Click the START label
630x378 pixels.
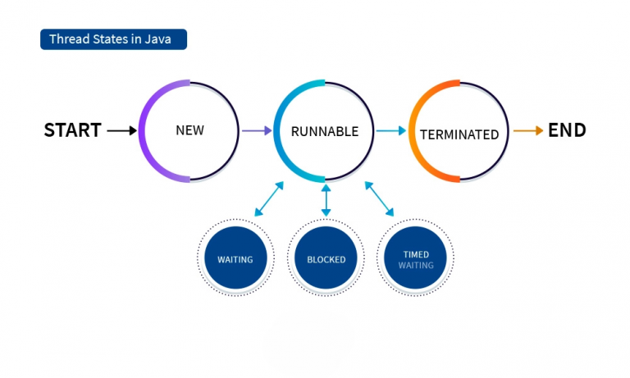(x=72, y=130)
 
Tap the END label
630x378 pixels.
(x=567, y=130)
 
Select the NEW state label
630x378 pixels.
(x=189, y=130)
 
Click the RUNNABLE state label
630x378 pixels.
(x=325, y=131)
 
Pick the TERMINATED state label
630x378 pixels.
(x=459, y=134)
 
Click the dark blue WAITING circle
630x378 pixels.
(x=235, y=259)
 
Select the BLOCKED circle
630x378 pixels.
(x=326, y=259)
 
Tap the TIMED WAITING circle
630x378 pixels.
(x=416, y=259)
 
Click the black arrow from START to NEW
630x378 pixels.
(x=121, y=130)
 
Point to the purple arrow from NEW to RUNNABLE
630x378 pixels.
(x=256, y=130)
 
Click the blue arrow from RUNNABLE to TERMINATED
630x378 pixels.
(x=391, y=130)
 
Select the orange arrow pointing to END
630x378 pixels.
(x=528, y=130)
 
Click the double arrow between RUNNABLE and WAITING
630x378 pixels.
(x=269, y=199)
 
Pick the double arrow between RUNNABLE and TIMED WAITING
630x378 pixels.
(x=379, y=199)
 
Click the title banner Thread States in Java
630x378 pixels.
(x=113, y=39)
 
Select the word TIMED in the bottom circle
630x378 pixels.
(x=416, y=254)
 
